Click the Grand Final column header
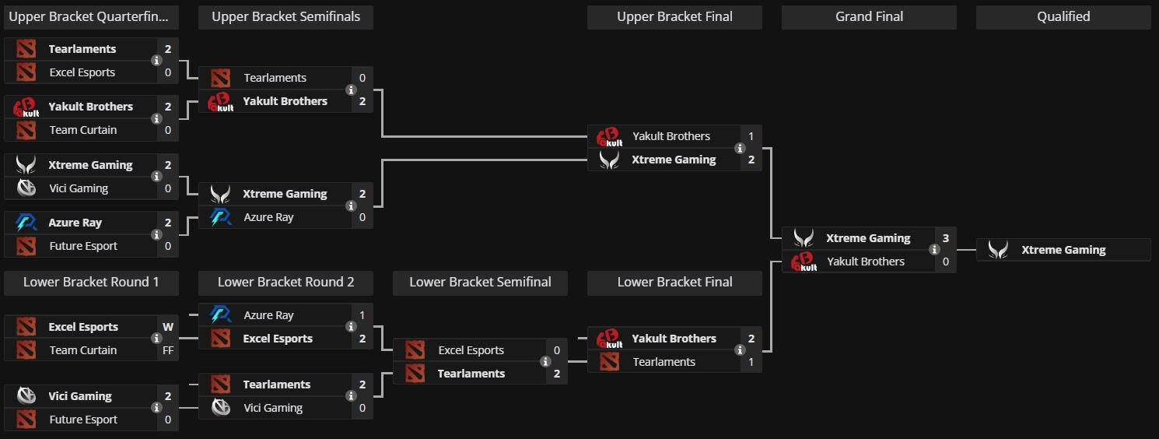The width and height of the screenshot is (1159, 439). (x=869, y=17)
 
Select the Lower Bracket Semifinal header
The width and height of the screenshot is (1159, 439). (x=480, y=283)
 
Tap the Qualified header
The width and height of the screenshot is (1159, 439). (x=1063, y=17)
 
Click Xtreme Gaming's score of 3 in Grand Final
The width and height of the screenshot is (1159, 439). (x=946, y=238)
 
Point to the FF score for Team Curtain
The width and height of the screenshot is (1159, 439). (x=168, y=350)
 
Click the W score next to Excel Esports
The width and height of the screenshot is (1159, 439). (x=168, y=327)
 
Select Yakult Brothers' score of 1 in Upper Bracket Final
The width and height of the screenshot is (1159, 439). (x=751, y=136)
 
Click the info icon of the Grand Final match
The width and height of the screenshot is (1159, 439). (x=934, y=250)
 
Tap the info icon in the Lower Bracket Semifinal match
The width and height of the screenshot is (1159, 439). (x=545, y=362)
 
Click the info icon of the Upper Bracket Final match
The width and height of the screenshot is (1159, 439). (x=740, y=148)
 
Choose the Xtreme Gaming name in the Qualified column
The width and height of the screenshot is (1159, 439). (x=1063, y=250)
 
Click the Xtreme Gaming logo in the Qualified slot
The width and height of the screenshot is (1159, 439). (x=998, y=250)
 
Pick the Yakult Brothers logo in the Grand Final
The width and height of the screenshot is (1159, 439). (x=804, y=262)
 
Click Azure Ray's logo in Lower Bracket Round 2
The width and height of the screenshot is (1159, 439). (x=220, y=315)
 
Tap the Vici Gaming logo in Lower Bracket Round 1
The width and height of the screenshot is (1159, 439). (x=26, y=396)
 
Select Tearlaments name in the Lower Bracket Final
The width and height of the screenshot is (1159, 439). (x=664, y=362)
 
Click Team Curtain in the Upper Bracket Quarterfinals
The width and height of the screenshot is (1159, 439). (x=82, y=130)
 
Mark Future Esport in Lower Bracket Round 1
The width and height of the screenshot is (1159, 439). (x=83, y=420)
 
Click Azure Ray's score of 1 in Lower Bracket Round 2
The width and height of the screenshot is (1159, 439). (x=362, y=315)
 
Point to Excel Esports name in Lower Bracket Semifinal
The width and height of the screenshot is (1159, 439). (x=471, y=350)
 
